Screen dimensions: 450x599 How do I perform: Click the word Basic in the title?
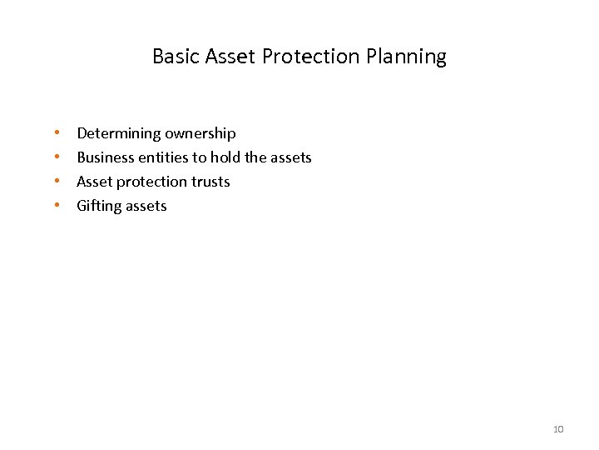coord(173,57)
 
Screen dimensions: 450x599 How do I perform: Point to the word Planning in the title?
coord(408,57)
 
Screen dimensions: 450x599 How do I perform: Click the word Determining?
coord(118,133)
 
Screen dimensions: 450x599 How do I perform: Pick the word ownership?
coord(200,133)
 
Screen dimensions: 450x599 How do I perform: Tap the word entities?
coord(166,157)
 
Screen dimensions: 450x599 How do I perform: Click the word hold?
coord(225,157)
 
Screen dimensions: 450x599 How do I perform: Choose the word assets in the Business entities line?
coord(290,157)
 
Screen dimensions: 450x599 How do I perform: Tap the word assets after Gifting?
coord(147,206)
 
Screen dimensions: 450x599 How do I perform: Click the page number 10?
coord(558,429)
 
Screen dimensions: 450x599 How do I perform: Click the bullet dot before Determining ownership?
coord(57,133)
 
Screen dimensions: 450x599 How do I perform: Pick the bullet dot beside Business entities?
coord(57,157)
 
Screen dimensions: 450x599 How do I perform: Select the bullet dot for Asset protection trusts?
coord(57,182)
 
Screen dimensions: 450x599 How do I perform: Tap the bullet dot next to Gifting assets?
coord(57,206)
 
